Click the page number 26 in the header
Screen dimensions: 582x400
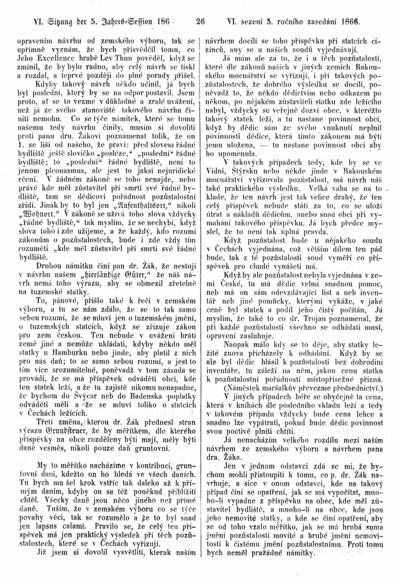click(201, 22)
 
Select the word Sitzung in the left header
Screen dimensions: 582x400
click(42, 22)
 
